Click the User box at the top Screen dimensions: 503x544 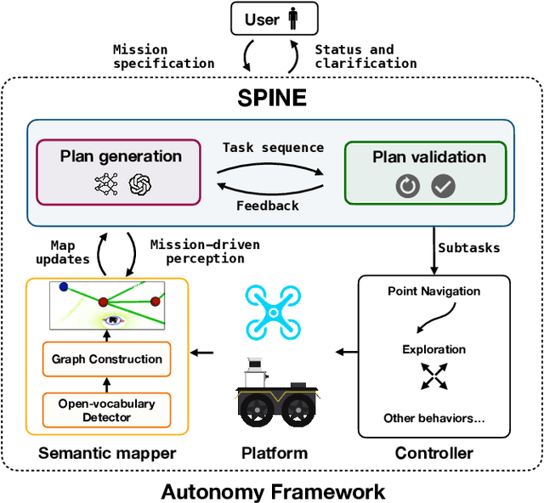click(x=274, y=19)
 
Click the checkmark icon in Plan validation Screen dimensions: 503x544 click(x=443, y=186)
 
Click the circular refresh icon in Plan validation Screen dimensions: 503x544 click(x=408, y=186)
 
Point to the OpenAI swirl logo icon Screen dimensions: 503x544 click(x=139, y=186)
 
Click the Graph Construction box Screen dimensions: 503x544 click(x=107, y=359)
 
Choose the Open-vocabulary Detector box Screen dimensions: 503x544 click(x=107, y=410)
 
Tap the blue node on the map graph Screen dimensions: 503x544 click(x=64, y=287)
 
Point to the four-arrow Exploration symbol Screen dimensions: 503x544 click(x=434, y=377)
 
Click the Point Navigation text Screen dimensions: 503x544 click(x=433, y=291)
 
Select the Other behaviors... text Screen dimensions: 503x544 click(x=433, y=418)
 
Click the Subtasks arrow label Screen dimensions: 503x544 click(x=469, y=248)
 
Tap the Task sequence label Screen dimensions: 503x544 click(x=273, y=147)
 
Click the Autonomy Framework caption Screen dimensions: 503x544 click(x=273, y=491)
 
